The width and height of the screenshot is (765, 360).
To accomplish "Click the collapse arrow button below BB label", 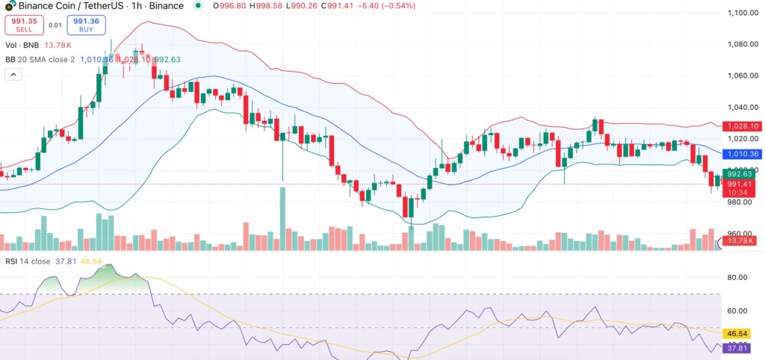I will coord(13,74).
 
